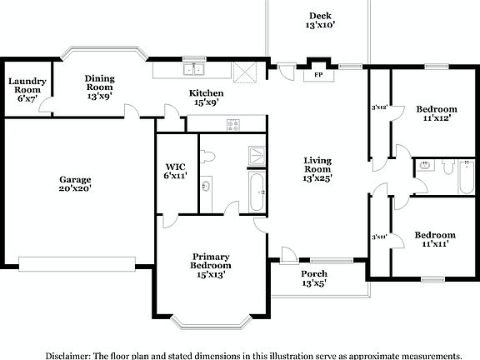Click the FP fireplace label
point(317,75)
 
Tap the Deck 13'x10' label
point(320,21)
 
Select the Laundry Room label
point(26,89)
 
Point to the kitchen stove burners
point(233,125)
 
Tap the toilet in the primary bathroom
point(208,156)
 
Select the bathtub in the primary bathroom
point(257,191)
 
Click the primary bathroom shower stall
point(257,154)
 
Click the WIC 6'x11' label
point(175,170)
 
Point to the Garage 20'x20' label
point(75,183)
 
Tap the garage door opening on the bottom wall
point(78,263)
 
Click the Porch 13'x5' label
point(313,278)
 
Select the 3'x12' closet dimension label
point(378,107)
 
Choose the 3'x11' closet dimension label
point(378,237)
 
